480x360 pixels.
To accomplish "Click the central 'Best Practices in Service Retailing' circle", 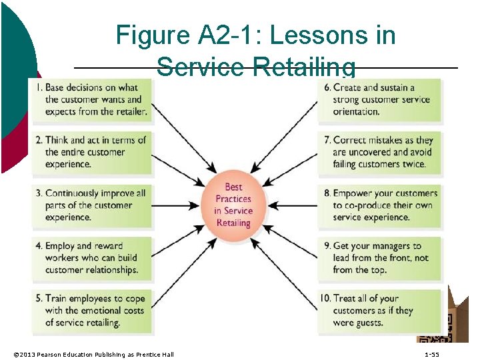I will [x=233, y=205].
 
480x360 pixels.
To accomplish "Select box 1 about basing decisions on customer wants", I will [x=91, y=99].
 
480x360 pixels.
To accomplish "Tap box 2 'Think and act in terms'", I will [x=91, y=152].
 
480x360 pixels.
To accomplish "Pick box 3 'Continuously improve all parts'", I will [x=91, y=205].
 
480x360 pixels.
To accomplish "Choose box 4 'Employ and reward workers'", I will [x=91, y=258].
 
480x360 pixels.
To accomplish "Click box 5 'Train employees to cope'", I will [x=91, y=311].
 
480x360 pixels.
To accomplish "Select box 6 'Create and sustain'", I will [x=379, y=99].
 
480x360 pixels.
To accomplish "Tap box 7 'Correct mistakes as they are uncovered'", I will [x=379, y=152].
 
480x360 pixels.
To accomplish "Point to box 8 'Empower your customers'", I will [x=379, y=205].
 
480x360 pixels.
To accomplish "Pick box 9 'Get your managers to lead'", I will [x=379, y=258].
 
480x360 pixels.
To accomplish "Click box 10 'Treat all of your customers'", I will [x=379, y=311].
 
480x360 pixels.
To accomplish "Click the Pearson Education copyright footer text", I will [x=93, y=354].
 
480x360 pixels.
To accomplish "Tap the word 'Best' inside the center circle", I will [x=233, y=187].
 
